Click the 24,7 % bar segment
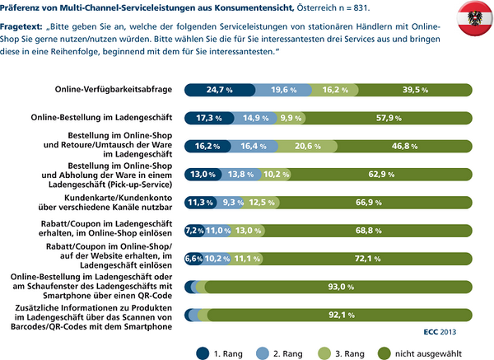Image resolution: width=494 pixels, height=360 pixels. tap(219, 89)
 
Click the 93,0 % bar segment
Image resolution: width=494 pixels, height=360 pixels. tap(340, 286)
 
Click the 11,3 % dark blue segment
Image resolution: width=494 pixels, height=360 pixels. tap(201, 202)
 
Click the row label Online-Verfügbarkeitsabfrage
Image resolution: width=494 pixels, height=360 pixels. tap(113, 89)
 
